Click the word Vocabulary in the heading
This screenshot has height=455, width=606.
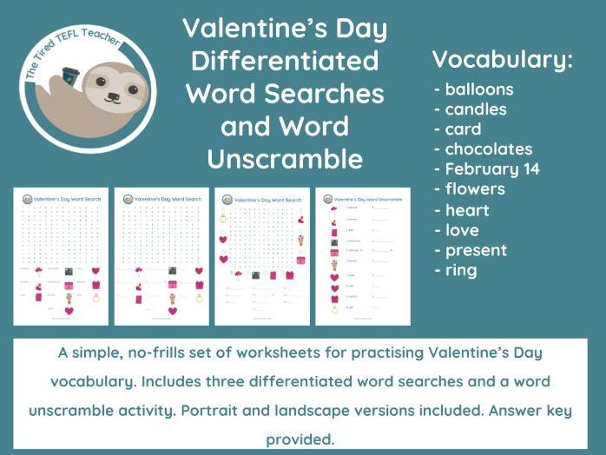click(x=502, y=60)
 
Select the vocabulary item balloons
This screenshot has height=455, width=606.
click(x=478, y=89)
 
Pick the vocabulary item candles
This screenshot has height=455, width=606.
click(x=476, y=109)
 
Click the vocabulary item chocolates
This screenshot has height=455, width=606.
click(x=488, y=149)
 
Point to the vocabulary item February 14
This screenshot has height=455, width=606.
click(x=492, y=169)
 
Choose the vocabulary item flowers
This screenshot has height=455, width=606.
click(x=474, y=189)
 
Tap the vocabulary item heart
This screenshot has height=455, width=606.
click(x=467, y=210)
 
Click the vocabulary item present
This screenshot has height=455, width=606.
click(x=476, y=251)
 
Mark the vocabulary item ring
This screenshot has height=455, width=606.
click(x=461, y=271)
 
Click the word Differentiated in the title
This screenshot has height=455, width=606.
click(x=285, y=61)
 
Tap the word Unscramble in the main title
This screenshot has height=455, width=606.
click(x=285, y=159)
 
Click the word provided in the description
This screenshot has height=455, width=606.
click(x=300, y=439)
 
